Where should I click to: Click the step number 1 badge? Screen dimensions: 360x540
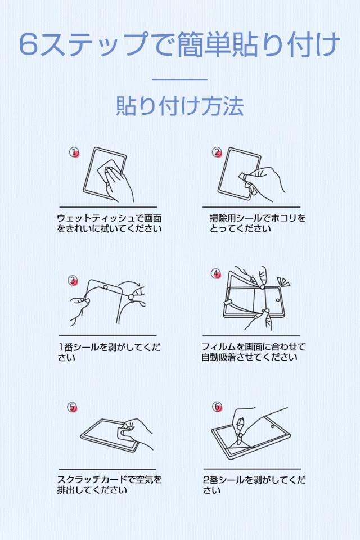(74, 152)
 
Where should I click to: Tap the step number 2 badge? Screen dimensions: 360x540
(217, 152)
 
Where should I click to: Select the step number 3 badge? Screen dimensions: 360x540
(73, 281)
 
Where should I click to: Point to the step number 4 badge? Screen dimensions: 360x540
(216, 274)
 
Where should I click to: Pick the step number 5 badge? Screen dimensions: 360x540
(72, 407)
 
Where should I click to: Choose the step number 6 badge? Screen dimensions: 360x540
(217, 407)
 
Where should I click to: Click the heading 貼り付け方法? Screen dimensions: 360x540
(180, 106)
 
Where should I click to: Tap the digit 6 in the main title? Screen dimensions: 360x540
(28, 44)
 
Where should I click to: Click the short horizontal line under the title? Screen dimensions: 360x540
(180, 79)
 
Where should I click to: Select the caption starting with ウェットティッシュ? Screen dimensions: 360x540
(109, 223)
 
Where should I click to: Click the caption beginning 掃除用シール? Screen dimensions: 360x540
(257, 223)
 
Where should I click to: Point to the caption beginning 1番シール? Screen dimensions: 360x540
(109, 352)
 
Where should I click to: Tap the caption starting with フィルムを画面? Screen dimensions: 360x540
(253, 352)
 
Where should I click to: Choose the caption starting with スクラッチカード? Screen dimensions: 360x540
(109, 484)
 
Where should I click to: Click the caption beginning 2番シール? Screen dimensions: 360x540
(254, 484)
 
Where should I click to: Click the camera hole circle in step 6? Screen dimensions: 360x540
(273, 427)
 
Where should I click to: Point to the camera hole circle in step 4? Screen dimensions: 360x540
(278, 300)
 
